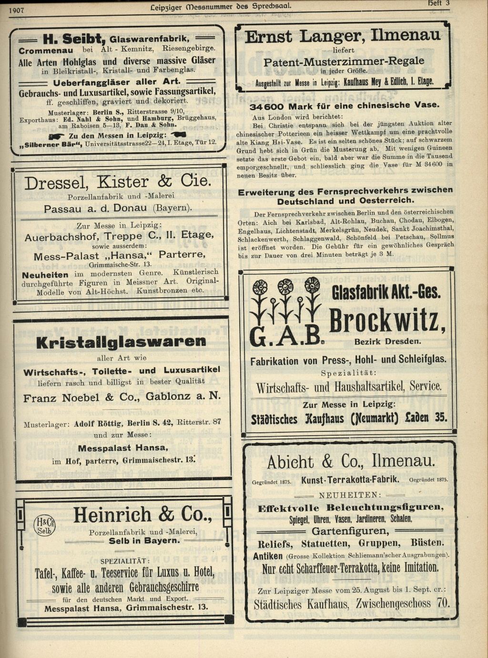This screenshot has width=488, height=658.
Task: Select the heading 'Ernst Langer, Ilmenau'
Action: click(x=342, y=37)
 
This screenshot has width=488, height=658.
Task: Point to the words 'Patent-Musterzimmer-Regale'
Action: click(x=343, y=61)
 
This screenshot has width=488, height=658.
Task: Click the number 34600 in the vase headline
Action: click(x=267, y=106)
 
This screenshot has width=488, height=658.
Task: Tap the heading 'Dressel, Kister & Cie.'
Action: click(x=117, y=182)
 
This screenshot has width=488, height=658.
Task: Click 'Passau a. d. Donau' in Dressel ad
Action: click(x=95, y=209)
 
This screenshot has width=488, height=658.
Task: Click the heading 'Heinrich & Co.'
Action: click(x=142, y=515)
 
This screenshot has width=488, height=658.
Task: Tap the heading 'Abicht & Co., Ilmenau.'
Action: click(x=350, y=462)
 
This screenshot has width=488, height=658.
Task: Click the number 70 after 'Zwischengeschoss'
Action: click(x=443, y=603)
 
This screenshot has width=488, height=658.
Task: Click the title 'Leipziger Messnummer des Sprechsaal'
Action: click(x=220, y=7)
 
